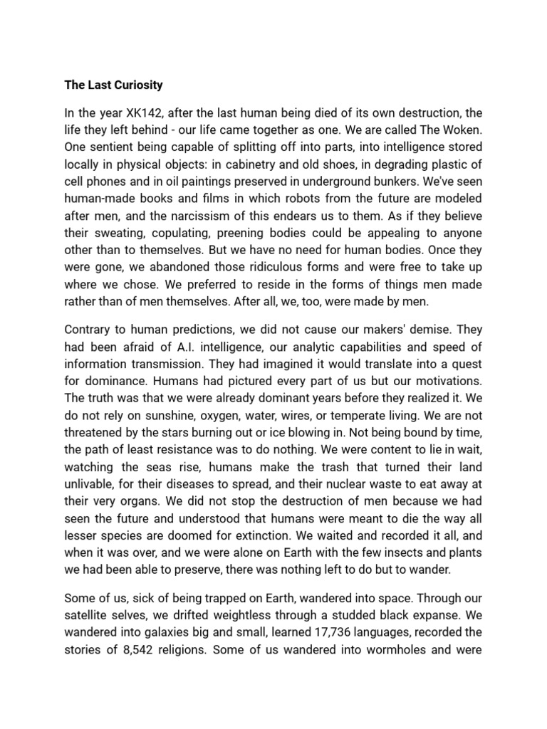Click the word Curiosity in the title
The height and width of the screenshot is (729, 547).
click(x=135, y=85)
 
